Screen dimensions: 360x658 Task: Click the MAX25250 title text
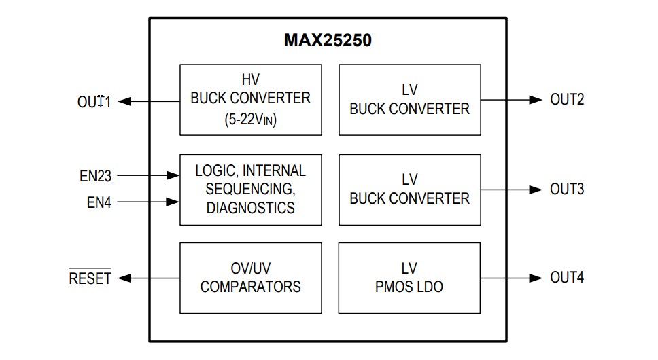click(328, 41)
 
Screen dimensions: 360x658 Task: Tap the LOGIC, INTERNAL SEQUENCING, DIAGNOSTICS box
click(250, 189)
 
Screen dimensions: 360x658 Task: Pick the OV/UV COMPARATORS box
click(250, 277)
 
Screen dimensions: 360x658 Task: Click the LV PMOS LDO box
click(409, 277)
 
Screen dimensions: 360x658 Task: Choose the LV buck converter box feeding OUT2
click(409, 99)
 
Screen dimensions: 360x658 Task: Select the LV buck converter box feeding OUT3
click(409, 189)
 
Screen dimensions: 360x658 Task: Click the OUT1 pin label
click(93, 102)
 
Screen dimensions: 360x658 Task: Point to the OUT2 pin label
click(567, 100)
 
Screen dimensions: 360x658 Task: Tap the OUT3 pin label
click(567, 189)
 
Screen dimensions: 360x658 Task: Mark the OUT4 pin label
click(567, 277)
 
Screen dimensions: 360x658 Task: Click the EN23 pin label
click(95, 176)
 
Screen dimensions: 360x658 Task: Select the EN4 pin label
click(99, 202)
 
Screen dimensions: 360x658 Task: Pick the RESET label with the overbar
click(90, 278)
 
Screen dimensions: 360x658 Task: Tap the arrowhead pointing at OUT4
click(536, 277)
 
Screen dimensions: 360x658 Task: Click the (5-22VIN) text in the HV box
click(250, 119)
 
